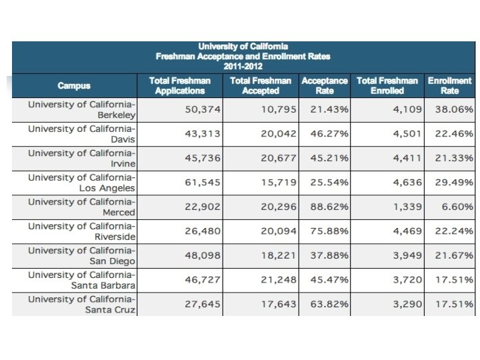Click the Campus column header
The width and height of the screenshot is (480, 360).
[x=74, y=85]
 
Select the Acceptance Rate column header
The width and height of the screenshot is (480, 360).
[x=325, y=86]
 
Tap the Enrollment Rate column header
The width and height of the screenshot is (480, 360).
[x=449, y=86]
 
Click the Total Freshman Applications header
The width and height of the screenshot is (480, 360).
[x=180, y=86]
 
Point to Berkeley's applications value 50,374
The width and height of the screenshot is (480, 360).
[x=203, y=109]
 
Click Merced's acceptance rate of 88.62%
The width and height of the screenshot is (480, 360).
[x=329, y=207]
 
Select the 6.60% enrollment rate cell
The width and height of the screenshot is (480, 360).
[x=457, y=207]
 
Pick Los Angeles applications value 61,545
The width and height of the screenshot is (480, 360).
[x=203, y=183]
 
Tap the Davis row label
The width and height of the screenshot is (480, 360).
[x=81, y=134]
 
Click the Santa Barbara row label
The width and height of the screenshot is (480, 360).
[x=81, y=280]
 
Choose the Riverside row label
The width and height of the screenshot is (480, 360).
[x=81, y=231]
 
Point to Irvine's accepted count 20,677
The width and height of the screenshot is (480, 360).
[x=279, y=158]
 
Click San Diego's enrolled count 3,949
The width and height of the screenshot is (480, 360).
[x=407, y=255]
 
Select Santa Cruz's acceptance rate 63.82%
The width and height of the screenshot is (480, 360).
[x=329, y=304]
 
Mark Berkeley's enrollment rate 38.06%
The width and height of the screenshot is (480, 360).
[x=454, y=109]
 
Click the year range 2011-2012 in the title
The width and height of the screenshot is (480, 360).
[x=243, y=67]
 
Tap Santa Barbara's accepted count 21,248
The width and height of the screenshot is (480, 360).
[x=279, y=280]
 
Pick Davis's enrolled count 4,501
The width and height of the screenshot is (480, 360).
[x=407, y=134]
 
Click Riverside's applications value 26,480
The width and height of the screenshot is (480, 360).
[x=203, y=231]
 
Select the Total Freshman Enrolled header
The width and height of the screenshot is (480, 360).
[x=387, y=86]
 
